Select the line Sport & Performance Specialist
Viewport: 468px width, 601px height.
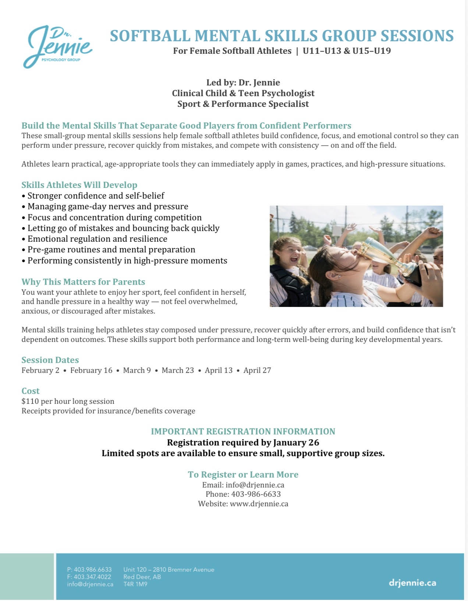click(x=243, y=104)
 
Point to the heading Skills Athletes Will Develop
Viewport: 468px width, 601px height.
click(x=79, y=185)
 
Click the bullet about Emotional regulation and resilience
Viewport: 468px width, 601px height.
click(x=97, y=239)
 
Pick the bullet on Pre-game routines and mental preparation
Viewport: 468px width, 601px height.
click(x=111, y=249)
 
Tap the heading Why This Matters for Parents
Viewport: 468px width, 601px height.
click(x=83, y=282)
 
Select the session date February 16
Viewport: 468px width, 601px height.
click(x=91, y=370)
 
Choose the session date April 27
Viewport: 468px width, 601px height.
click(x=257, y=370)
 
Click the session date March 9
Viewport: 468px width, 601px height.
click(x=137, y=370)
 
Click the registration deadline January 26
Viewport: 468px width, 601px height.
click(x=296, y=442)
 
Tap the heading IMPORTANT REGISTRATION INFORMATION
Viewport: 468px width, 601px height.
click(x=243, y=431)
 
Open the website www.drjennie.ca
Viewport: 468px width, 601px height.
click(x=259, y=504)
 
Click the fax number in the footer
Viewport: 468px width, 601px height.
click(x=92, y=577)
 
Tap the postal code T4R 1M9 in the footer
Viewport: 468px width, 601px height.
click(x=135, y=584)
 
